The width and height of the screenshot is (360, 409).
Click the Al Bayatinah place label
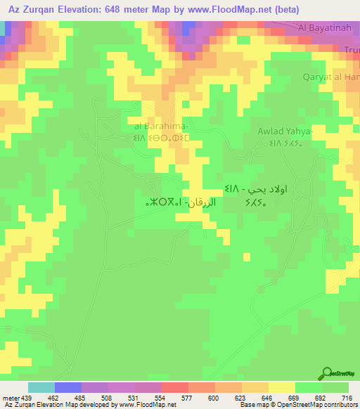(325, 28)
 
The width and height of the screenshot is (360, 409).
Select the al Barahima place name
(162, 126)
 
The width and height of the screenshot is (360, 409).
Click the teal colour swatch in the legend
(41, 387)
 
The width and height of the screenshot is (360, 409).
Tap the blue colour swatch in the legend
(68, 387)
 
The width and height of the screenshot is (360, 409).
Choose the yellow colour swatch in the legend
(282, 387)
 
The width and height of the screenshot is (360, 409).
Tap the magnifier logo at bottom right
(326, 373)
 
